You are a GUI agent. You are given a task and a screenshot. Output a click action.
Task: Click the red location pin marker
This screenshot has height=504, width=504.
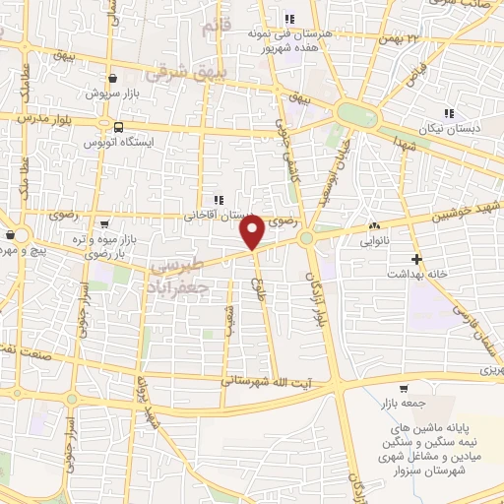point(253,232)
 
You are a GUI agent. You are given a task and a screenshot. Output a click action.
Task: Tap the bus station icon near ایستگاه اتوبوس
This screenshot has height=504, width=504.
point(118,128)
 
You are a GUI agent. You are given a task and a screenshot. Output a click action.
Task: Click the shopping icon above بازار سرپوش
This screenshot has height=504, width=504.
point(114,78)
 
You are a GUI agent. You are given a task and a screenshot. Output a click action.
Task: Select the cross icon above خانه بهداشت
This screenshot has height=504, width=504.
point(417,260)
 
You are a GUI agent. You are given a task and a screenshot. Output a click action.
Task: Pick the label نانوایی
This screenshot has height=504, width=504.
point(375,239)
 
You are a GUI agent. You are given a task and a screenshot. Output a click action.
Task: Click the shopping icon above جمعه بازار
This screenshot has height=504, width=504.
point(404,389)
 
